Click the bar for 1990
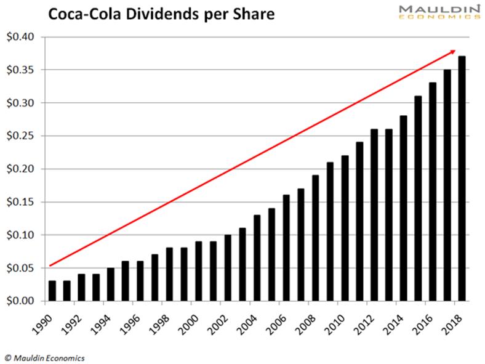52,291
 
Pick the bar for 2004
257,258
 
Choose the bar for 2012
374,215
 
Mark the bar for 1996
140,281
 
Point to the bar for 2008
316,238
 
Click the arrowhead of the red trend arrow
453,52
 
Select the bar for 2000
198,271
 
